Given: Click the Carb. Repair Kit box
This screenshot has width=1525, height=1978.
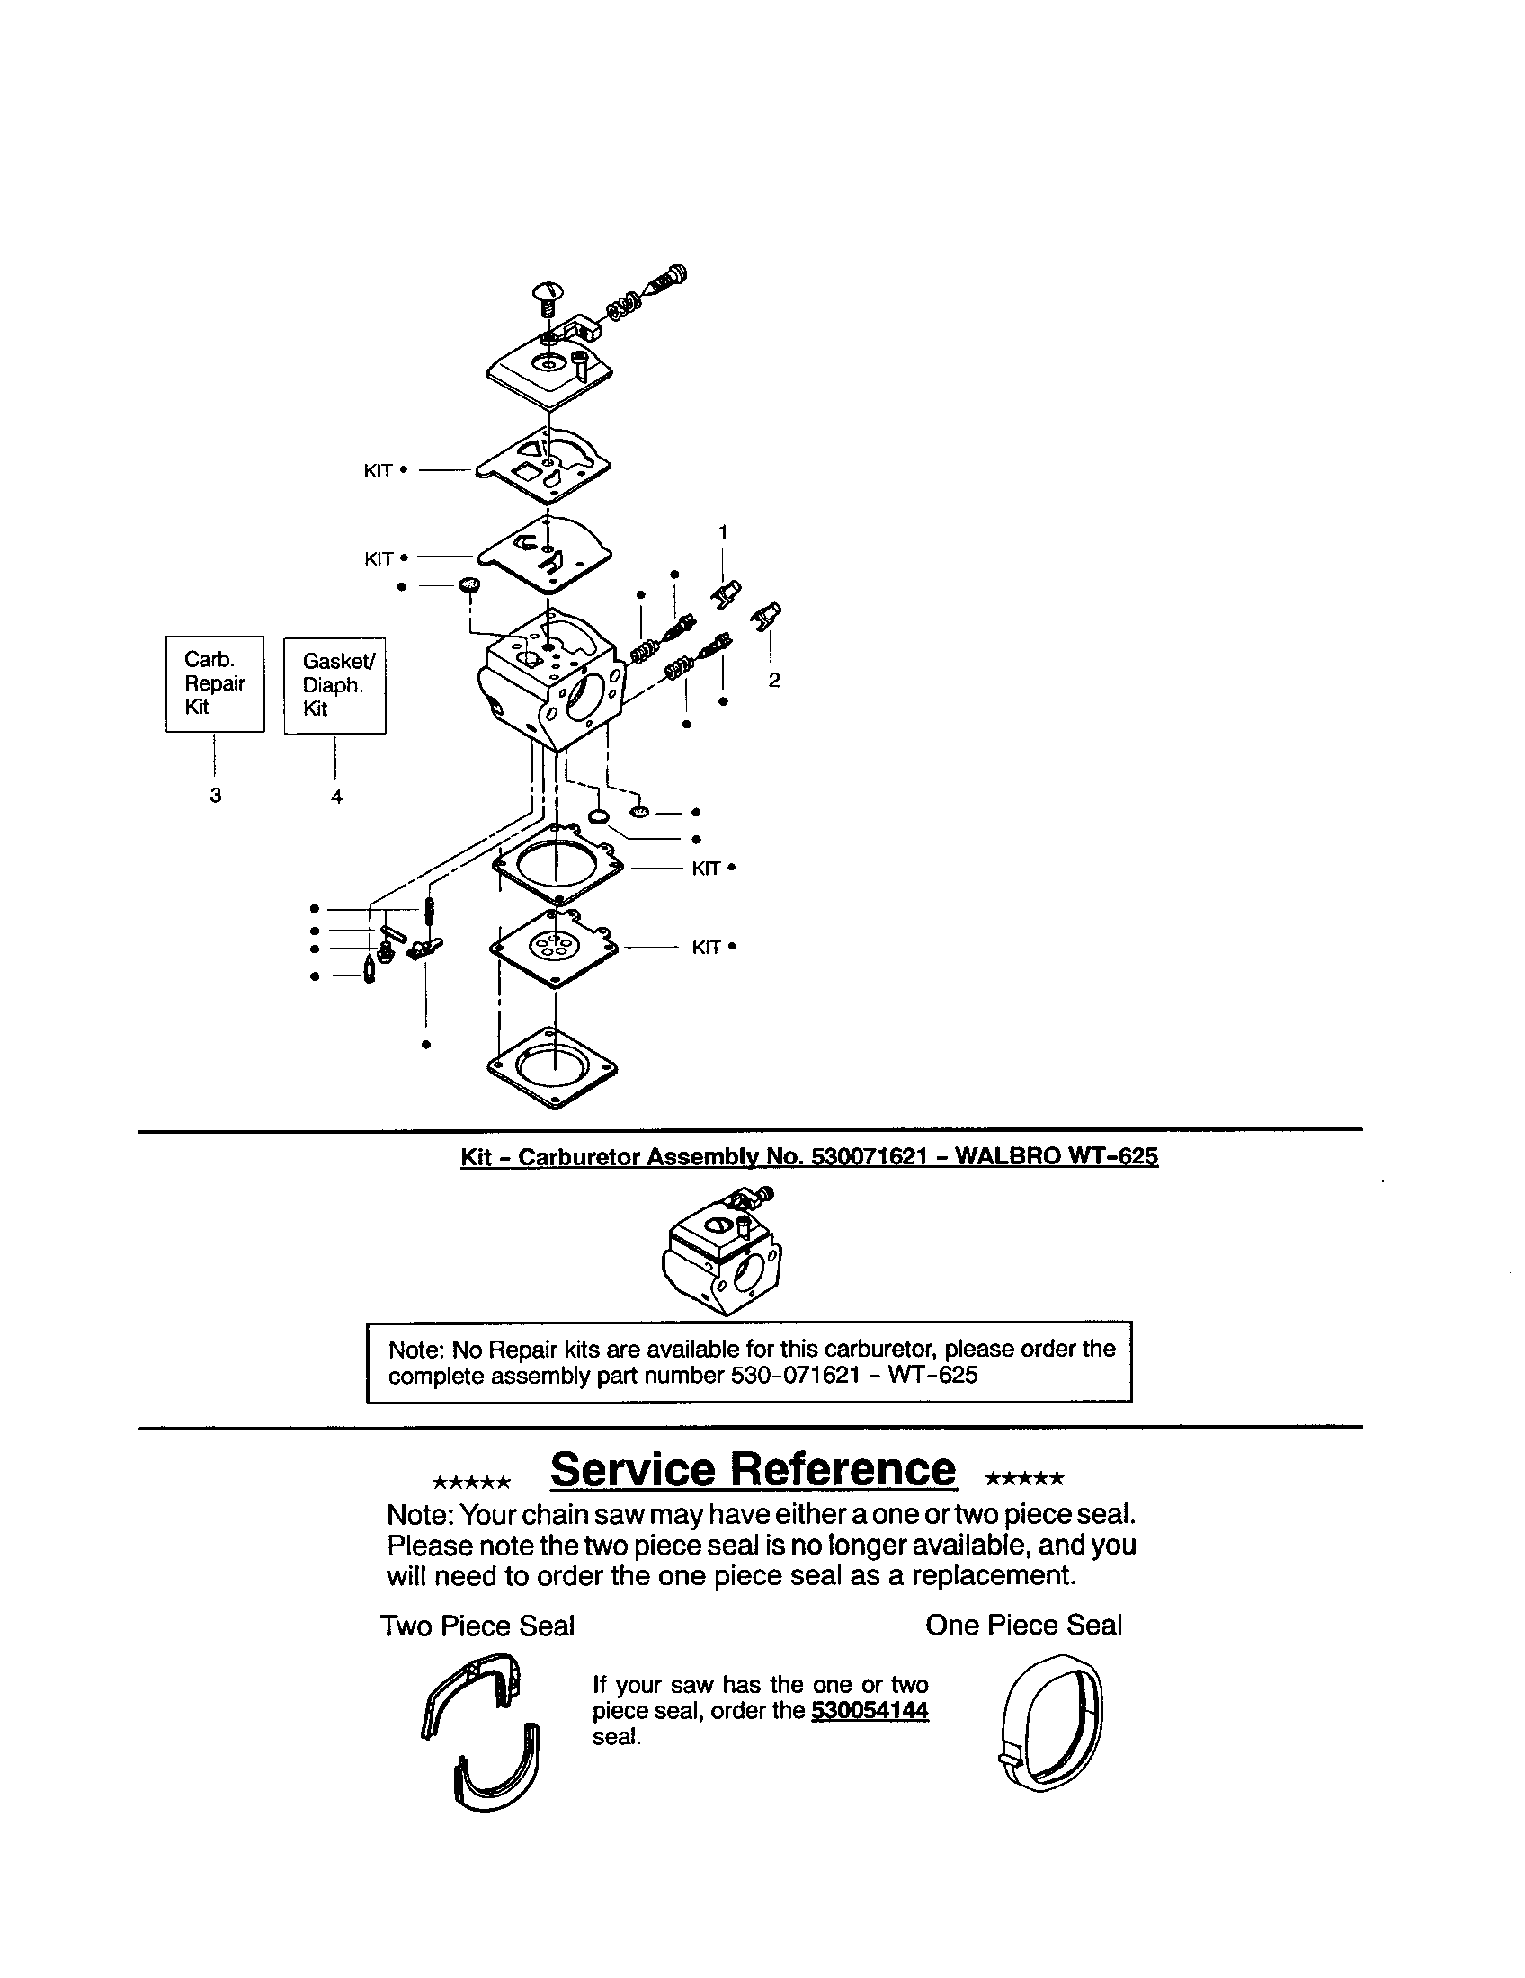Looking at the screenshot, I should point(215,684).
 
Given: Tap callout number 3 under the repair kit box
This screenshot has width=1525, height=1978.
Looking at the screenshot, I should point(216,795).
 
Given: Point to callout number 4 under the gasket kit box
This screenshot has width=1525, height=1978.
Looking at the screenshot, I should point(336,797).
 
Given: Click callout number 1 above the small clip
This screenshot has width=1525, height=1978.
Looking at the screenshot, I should point(723,531).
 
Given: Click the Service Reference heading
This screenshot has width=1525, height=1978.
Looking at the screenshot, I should point(753,1469).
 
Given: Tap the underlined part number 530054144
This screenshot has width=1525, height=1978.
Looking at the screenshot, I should point(870,1710).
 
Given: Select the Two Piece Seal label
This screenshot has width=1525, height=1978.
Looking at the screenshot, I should point(477,1626).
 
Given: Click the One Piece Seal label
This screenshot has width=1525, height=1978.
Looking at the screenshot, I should point(1023,1625).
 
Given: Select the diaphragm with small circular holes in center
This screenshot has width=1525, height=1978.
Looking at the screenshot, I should point(553,948).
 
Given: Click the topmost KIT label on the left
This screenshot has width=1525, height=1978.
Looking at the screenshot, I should point(378,471).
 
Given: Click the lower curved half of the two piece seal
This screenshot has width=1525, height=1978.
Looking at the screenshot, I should point(497,1769).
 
